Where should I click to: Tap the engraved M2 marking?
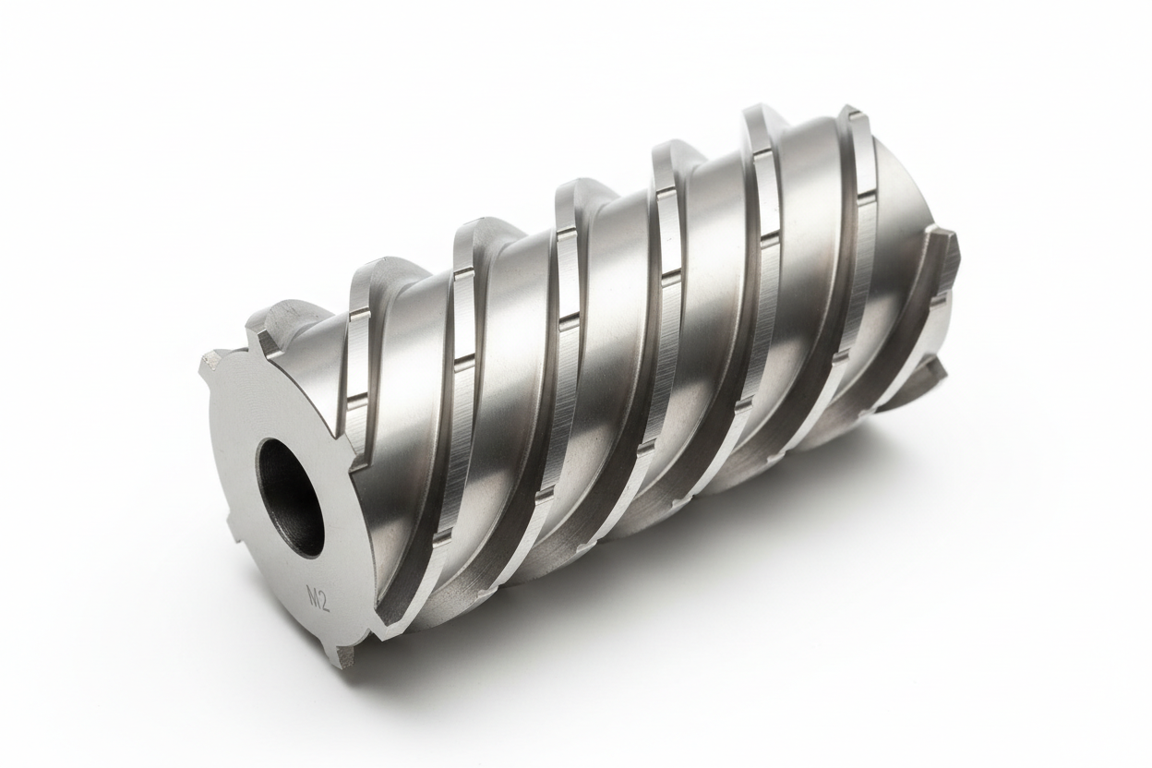coord(318,600)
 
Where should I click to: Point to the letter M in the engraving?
coord(312,599)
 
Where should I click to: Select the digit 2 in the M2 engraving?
coord(324,602)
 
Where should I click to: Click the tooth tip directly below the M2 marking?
coord(345,656)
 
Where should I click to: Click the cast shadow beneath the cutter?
coord(646,591)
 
